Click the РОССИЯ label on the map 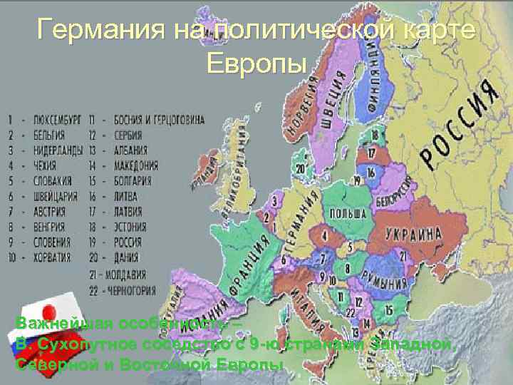tap(457, 124)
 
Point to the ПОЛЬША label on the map tap(347, 213)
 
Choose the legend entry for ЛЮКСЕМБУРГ tap(58, 118)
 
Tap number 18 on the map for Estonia tap(373, 135)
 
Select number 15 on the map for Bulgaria tap(388, 310)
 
